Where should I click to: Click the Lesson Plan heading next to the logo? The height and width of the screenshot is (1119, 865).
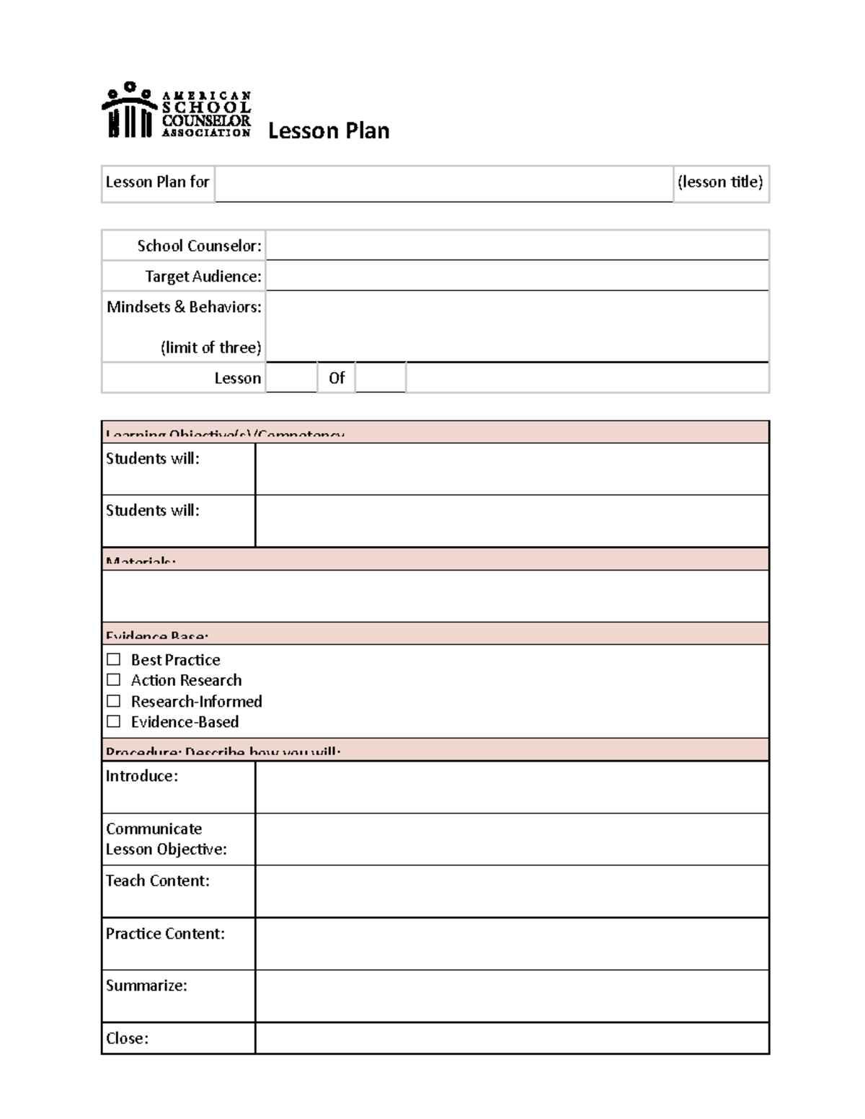coord(329,131)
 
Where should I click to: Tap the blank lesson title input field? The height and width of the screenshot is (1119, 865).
coord(443,183)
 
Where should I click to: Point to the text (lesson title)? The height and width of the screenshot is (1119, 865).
coord(720,182)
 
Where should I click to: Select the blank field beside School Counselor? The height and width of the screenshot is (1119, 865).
coord(516,246)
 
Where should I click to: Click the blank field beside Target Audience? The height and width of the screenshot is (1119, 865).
coord(516,276)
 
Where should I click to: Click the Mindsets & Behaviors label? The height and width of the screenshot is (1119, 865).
coord(184,307)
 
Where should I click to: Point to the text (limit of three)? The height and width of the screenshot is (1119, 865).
coord(210,347)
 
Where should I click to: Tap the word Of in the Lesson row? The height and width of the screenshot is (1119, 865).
coord(337,378)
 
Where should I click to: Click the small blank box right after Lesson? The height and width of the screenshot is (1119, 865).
coord(291,378)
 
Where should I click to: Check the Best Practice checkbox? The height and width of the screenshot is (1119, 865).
coord(113,659)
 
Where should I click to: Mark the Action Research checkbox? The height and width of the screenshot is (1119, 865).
coord(113,680)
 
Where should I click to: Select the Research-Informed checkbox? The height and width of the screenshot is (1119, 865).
coord(113,701)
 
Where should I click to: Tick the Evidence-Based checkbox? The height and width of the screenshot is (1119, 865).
coord(113,722)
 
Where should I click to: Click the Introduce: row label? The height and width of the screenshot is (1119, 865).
coord(141,777)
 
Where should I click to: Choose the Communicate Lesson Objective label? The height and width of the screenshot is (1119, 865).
coord(166,839)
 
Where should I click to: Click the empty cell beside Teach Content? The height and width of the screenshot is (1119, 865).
coord(512,891)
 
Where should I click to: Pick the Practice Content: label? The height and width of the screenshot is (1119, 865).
coord(165,934)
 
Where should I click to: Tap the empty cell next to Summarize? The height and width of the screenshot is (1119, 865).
coord(512,996)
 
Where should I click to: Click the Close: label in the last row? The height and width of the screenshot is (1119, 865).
coord(127,1038)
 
